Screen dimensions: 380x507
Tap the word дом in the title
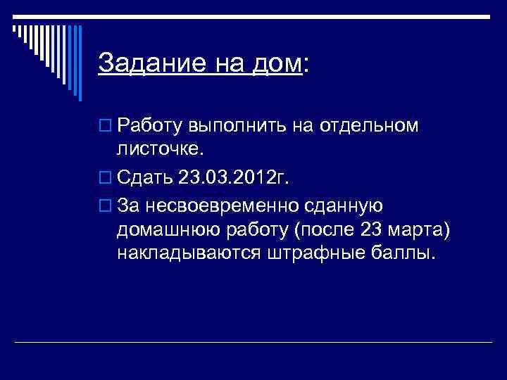coord(275,64)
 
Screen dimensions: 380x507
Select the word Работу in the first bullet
coord(150,126)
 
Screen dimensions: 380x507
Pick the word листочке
coord(161,149)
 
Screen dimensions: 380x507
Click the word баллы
coord(407,253)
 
